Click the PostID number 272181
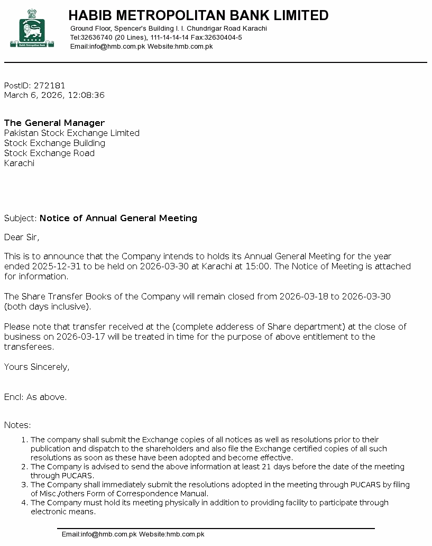(x=50, y=86)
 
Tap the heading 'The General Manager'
(x=54, y=123)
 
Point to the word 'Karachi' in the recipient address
(x=19, y=163)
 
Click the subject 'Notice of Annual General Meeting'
(x=118, y=219)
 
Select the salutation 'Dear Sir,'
(x=22, y=238)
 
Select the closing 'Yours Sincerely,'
(x=36, y=367)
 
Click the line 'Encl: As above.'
(x=35, y=397)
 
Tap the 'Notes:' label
(x=17, y=425)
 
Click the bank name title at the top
(x=198, y=15)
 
